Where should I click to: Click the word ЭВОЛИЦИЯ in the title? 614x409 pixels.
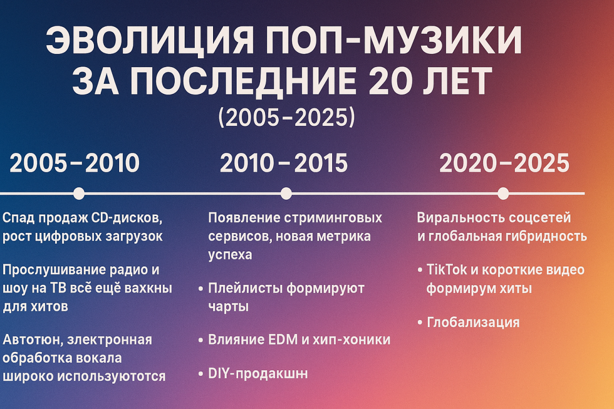pyautogui.click(x=149, y=40)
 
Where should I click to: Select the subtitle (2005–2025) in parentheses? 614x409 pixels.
pyautogui.click(x=287, y=117)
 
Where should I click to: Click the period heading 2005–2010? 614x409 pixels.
pyautogui.click(x=75, y=163)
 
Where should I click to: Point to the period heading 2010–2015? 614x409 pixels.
pyautogui.click(x=284, y=163)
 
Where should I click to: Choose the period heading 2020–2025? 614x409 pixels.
pyautogui.click(x=504, y=163)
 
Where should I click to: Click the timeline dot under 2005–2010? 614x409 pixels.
pyautogui.click(x=79, y=193)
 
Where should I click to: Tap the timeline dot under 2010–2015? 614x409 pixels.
pyautogui.click(x=286, y=193)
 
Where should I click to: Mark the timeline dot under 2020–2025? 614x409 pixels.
pyautogui.click(x=503, y=193)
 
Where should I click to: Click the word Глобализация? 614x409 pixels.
pyautogui.click(x=473, y=322)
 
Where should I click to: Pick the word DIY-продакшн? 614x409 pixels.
pyautogui.click(x=258, y=373)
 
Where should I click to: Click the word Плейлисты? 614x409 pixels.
pyautogui.click(x=245, y=288)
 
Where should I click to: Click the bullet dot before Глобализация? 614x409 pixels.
pyautogui.click(x=420, y=323)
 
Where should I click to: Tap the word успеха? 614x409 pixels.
pyautogui.click(x=230, y=255)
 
